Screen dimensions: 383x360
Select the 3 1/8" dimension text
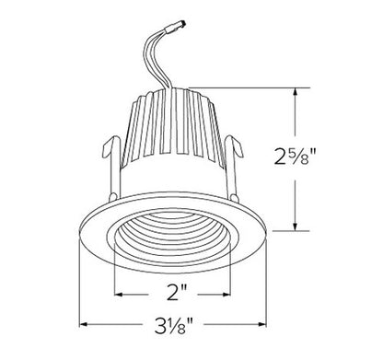pyautogui.click(x=174, y=325)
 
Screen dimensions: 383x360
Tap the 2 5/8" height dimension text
pyautogui.click(x=295, y=157)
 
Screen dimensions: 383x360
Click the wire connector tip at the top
pyautogui.click(x=183, y=23)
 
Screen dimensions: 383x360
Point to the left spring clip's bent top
pyautogui.click(x=110, y=145)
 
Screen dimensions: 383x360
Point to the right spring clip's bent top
pyautogui.click(x=235, y=145)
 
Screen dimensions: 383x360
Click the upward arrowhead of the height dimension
pyautogui.click(x=296, y=92)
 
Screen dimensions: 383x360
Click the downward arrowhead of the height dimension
pyautogui.click(x=296, y=226)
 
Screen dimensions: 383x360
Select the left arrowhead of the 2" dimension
pyautogui.click(x=119, y=295)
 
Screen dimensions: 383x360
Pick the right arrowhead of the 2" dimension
pyautogui.click(x=226, y=295)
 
